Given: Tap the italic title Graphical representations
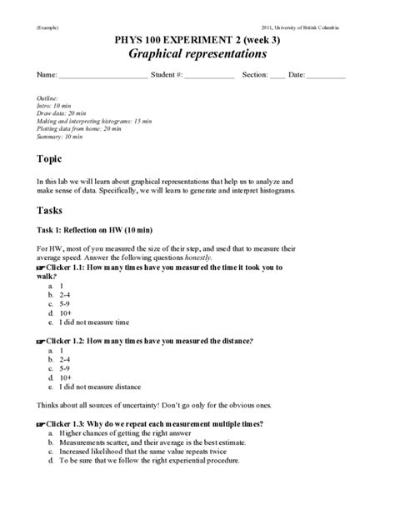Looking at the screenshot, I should click(x=197, y=54).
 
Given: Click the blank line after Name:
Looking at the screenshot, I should click(x=102, y=77).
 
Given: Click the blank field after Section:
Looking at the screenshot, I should click(x=277, y=77).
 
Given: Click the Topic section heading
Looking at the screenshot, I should click(x=50, y=158).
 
